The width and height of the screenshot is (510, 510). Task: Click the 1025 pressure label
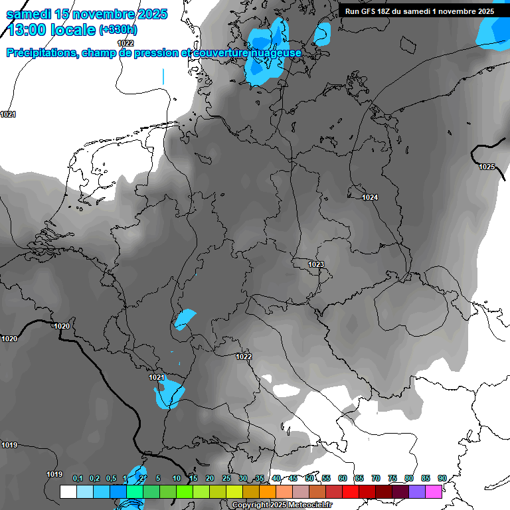click(x=487, y=167)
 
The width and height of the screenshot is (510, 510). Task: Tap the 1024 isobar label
click(x=370, y=198)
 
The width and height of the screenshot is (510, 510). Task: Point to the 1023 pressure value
click(x=316, y=265)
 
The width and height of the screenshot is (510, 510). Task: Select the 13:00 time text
click(x=31, y=30)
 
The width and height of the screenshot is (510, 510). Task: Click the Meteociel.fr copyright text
click(x=282, y=505)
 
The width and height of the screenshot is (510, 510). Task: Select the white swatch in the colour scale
click(x=68, y=491)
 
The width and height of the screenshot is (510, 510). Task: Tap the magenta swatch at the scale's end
click(x=434, y=491)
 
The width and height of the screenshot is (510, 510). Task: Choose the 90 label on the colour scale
click(x=442, y=479)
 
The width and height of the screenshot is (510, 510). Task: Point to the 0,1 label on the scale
click(x=78, y=479)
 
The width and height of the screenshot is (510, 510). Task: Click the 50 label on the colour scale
click(x=309, y=479)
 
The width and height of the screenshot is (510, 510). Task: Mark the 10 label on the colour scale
click(x=177, y=479)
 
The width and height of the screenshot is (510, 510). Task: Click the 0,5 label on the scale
click(x=111, y=479)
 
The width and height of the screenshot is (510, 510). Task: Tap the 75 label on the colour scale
click(x=392, y=479)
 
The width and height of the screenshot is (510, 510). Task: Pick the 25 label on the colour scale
click(x=226, y=479)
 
